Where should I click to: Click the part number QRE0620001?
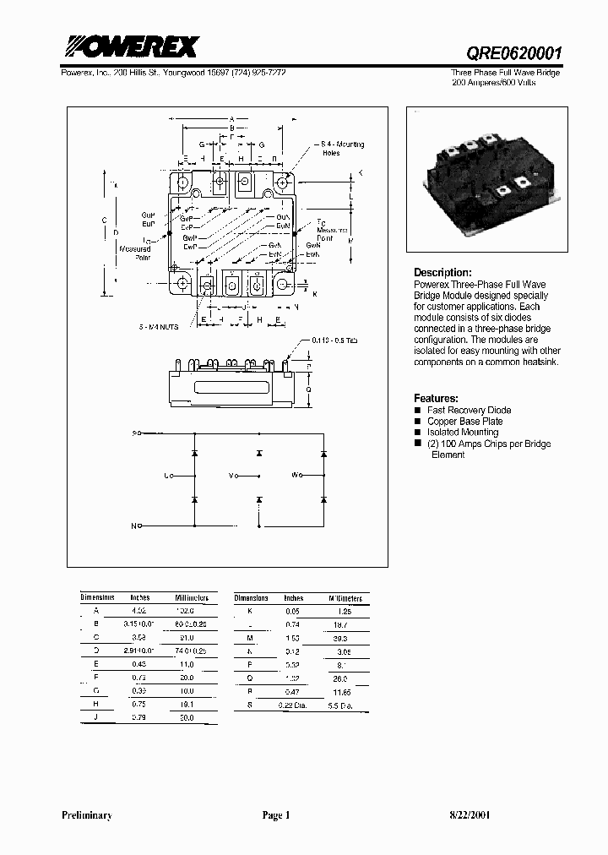point(515,52)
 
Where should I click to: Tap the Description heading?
point(442,273)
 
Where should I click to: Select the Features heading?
point(436,398)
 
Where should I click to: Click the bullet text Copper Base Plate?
point(464,421)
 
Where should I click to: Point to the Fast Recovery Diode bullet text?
point(469,410)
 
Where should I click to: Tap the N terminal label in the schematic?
point(133,526)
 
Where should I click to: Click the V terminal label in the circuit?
point(233,476)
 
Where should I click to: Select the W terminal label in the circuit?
point(296,476)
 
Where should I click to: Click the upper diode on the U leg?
point(194,454)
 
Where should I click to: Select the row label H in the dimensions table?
point(95,704)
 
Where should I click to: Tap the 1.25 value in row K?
point(345,610)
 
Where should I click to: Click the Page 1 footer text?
point(275,815)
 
